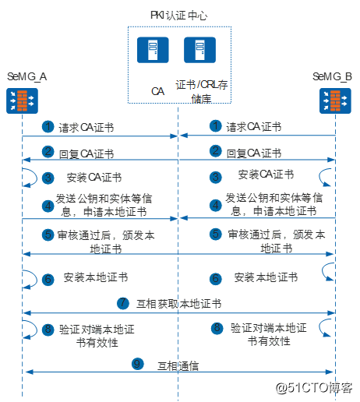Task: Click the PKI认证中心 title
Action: (178, 16)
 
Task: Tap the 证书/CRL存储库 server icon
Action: (199, 51)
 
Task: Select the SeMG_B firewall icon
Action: (334, 100)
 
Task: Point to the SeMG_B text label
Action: (333, 76)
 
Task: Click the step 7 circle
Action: (122, 302)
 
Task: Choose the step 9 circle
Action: (137, 362)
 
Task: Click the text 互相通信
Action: (179, 363)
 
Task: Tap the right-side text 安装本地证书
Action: (266, 277)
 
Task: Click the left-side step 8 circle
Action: (48, 329)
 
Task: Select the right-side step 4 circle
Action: (216, 205)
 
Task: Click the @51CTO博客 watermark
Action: (316, 387)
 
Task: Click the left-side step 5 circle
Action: (48, 234)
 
